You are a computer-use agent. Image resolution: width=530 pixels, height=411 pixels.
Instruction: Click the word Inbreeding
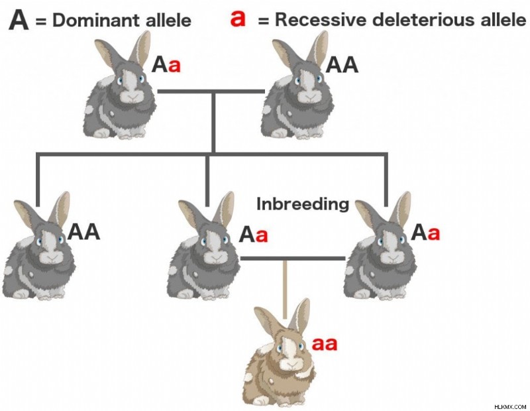click(303, 205)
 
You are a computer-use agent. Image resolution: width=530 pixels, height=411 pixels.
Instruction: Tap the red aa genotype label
click(325, 343)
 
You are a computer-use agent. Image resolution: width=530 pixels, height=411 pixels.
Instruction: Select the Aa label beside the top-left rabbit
click(166, 64)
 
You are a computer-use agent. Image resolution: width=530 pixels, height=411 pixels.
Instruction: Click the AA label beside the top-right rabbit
click(342, 64)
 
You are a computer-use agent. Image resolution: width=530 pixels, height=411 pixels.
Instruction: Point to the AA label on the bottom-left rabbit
click(83, 232)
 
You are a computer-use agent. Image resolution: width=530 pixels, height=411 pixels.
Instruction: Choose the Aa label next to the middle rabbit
click(253, 235)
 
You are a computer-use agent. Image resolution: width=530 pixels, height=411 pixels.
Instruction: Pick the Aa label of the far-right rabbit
click(425, 233)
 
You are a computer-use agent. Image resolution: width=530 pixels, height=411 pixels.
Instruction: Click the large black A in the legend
click(19, 21)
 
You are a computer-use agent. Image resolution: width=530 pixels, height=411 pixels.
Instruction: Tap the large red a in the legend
click(238, 19)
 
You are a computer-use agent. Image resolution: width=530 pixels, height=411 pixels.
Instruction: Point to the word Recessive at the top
click(321, 20)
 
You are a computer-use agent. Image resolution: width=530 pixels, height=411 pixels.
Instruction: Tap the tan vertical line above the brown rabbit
click(285, 290)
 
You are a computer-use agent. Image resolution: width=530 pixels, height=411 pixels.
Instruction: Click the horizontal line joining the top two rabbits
click(211, 91)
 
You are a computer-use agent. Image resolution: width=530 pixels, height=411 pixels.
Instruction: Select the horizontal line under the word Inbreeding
click(293, 259)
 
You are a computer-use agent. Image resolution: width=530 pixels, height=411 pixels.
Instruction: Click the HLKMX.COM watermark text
click(510, 406)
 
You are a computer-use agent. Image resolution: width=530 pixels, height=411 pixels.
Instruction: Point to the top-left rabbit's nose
click(133, 96)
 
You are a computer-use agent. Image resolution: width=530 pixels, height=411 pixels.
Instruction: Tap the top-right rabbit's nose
click(311, 96)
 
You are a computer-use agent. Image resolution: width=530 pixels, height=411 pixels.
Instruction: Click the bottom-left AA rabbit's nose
click(52, 257)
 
